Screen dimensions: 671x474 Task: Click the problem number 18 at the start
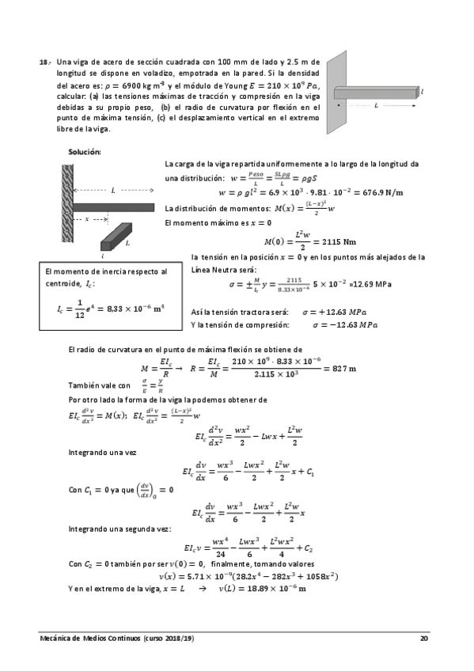[x=44, y=62]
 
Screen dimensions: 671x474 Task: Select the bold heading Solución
[x=85, y=150]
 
